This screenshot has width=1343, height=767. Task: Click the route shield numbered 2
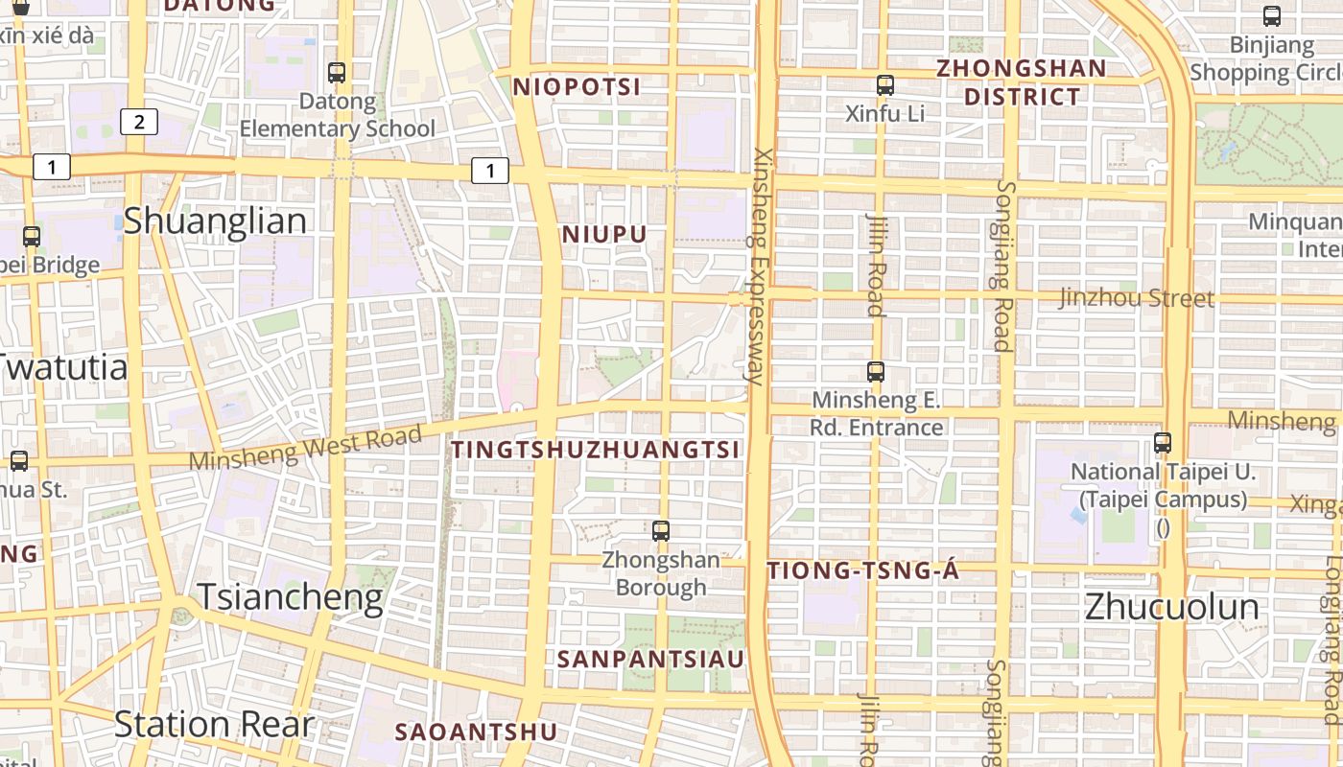139,122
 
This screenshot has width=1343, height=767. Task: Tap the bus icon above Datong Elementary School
337,72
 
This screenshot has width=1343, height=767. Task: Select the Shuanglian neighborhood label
215,221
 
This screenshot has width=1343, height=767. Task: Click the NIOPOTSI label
577,87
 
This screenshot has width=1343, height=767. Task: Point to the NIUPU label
604,235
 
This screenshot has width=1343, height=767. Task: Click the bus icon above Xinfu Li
885,85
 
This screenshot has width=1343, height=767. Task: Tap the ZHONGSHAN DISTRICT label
1022,82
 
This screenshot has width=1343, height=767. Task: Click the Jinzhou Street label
1137,298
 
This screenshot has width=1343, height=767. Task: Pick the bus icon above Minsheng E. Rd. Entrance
876,371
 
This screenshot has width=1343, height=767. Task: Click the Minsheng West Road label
305,448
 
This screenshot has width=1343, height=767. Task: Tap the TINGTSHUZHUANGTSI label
596,450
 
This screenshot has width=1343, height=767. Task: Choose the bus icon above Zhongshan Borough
661,530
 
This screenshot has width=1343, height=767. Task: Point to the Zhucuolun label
1171,607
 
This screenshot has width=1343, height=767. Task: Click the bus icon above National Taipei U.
1163,442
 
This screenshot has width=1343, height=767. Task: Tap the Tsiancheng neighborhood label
290,597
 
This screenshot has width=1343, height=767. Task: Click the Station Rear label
214,725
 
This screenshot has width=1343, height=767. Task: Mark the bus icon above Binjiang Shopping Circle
1272,16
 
